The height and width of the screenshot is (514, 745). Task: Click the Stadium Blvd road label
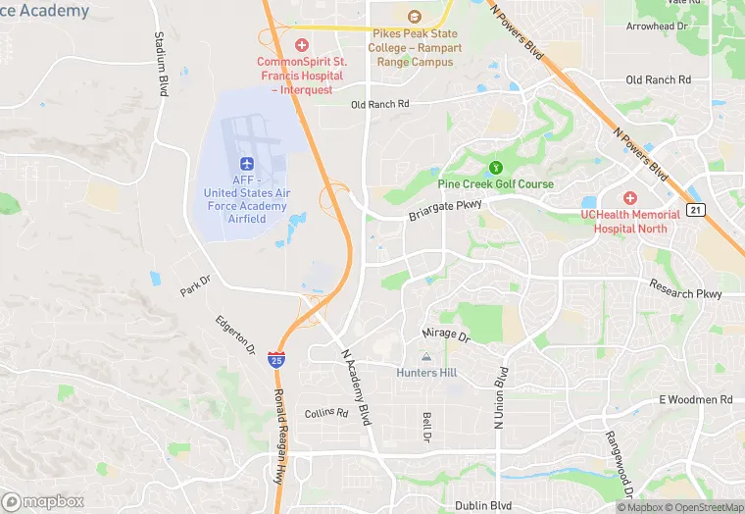point(161,63)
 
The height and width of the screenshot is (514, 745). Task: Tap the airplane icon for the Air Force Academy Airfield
point(246,162)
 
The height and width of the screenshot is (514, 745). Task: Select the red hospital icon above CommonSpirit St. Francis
point(302,45)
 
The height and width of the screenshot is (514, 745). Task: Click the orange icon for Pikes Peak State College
point(414,17)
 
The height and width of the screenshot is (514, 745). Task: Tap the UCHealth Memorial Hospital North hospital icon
point(630,197)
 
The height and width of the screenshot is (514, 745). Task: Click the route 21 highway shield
point(695,210)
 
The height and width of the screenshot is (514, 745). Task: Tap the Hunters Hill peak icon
point(425,357)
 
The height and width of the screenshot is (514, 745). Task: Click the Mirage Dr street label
point(446,335)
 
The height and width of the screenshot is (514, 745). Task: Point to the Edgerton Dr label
point(235,335)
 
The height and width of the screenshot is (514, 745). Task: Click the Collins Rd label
point(326,413)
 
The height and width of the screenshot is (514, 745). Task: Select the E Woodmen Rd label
point(695,399)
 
